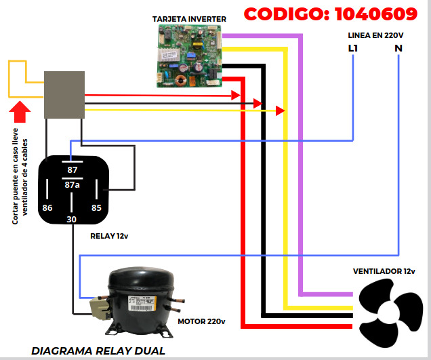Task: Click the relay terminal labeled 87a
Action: pyautogui.click(x=72, y=184)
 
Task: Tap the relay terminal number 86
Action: pyautogui.click(x=47, y=207)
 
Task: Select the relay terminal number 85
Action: pyautogui.click(x=96, y=207)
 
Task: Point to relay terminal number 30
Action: pyautogui.click(x=72, y=219)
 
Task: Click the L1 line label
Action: pyautogui.click(x=353, y=48)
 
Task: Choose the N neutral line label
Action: pyautogui.click(x=398, y=48)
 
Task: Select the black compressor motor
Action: pyautogui.click(x=138, y=298)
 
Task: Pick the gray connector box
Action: pyautogui.click(x=64, y=94)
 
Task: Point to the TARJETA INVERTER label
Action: pyautogui.click(x=189, y=18)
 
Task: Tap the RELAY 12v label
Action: pyautogui.click(x=110, y=237)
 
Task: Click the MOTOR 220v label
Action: pyautogui.click(x=201, y=321)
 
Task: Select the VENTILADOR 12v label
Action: pyautogui.click(x=384, y=271)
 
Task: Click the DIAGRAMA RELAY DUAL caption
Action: pyautogui.click(x=98, y=351)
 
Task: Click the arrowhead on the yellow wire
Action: pyautogui.click(x=280, y=111)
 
